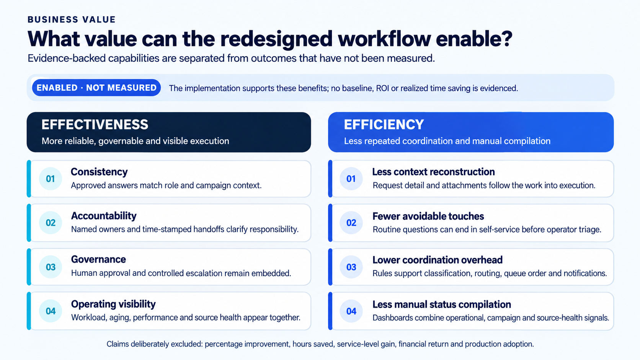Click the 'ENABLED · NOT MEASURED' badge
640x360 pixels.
click(x=96, y=88)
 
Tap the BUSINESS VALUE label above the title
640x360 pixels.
click(x=72, y=20)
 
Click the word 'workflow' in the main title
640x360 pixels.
click(x=384, y=39)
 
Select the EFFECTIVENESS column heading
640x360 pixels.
click(x=95, y=124)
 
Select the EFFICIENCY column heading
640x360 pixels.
click(x=384, y=124)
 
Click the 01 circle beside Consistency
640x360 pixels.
click(x=51, y=179)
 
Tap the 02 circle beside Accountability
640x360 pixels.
click(x=51, y=223)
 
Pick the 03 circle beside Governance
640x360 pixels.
click(x=51, y=267)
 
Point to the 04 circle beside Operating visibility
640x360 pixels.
click(x=51, y=311)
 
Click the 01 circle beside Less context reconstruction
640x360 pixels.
click(x=351, y=179)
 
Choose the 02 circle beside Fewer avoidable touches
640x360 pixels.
click(x=351, y=223)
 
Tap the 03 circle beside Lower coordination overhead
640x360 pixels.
click(x=351, y=267)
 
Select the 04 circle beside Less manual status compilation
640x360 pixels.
click(x=351, y=311)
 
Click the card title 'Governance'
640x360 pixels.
click(x=98, y=259)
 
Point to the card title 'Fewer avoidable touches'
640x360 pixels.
click(x=428, y=216)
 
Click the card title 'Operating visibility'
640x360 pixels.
click(x=113, y=304)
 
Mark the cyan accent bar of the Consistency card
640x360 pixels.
click(x=29, y=179)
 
